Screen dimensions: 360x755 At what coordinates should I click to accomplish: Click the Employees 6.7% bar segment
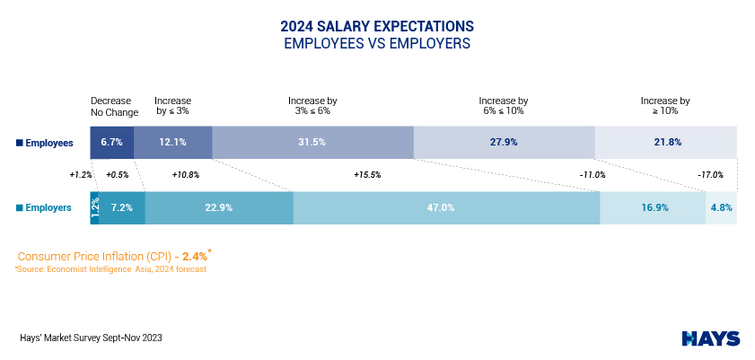tap(111, 142)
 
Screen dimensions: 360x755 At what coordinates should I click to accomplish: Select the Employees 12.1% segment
tap(172, 142)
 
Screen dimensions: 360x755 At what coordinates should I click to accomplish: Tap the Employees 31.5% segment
tap(312, 142)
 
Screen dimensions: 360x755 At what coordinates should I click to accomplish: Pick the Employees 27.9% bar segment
tap(504, 142)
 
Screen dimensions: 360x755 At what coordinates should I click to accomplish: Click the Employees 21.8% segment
tap(665, 142)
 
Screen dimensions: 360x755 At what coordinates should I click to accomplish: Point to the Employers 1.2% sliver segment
tap(94, 207)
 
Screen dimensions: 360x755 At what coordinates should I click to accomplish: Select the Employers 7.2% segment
tap(122, 207)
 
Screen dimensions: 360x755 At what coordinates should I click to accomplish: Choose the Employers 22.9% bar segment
tap(219, 207)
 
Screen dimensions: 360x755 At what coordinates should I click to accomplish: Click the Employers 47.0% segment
tap(446, 207)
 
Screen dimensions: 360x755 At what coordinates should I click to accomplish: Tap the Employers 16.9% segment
tap(653, 207)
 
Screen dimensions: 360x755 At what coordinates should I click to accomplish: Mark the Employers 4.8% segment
tap(721, 207)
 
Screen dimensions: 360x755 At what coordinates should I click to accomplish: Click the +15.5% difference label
tap(367, 175)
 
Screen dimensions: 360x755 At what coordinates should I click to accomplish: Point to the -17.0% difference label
tap(710, 175)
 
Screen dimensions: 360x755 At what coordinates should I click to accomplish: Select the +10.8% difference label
tap(185, 175)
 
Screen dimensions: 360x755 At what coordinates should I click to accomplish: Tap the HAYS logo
tap(711, 338)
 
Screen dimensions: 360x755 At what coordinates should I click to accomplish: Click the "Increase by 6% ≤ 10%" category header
tap(504, 106)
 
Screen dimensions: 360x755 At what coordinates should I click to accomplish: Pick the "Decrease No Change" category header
tap(114, 106)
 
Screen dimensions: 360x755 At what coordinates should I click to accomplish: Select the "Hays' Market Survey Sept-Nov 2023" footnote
tap(91, 338)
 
